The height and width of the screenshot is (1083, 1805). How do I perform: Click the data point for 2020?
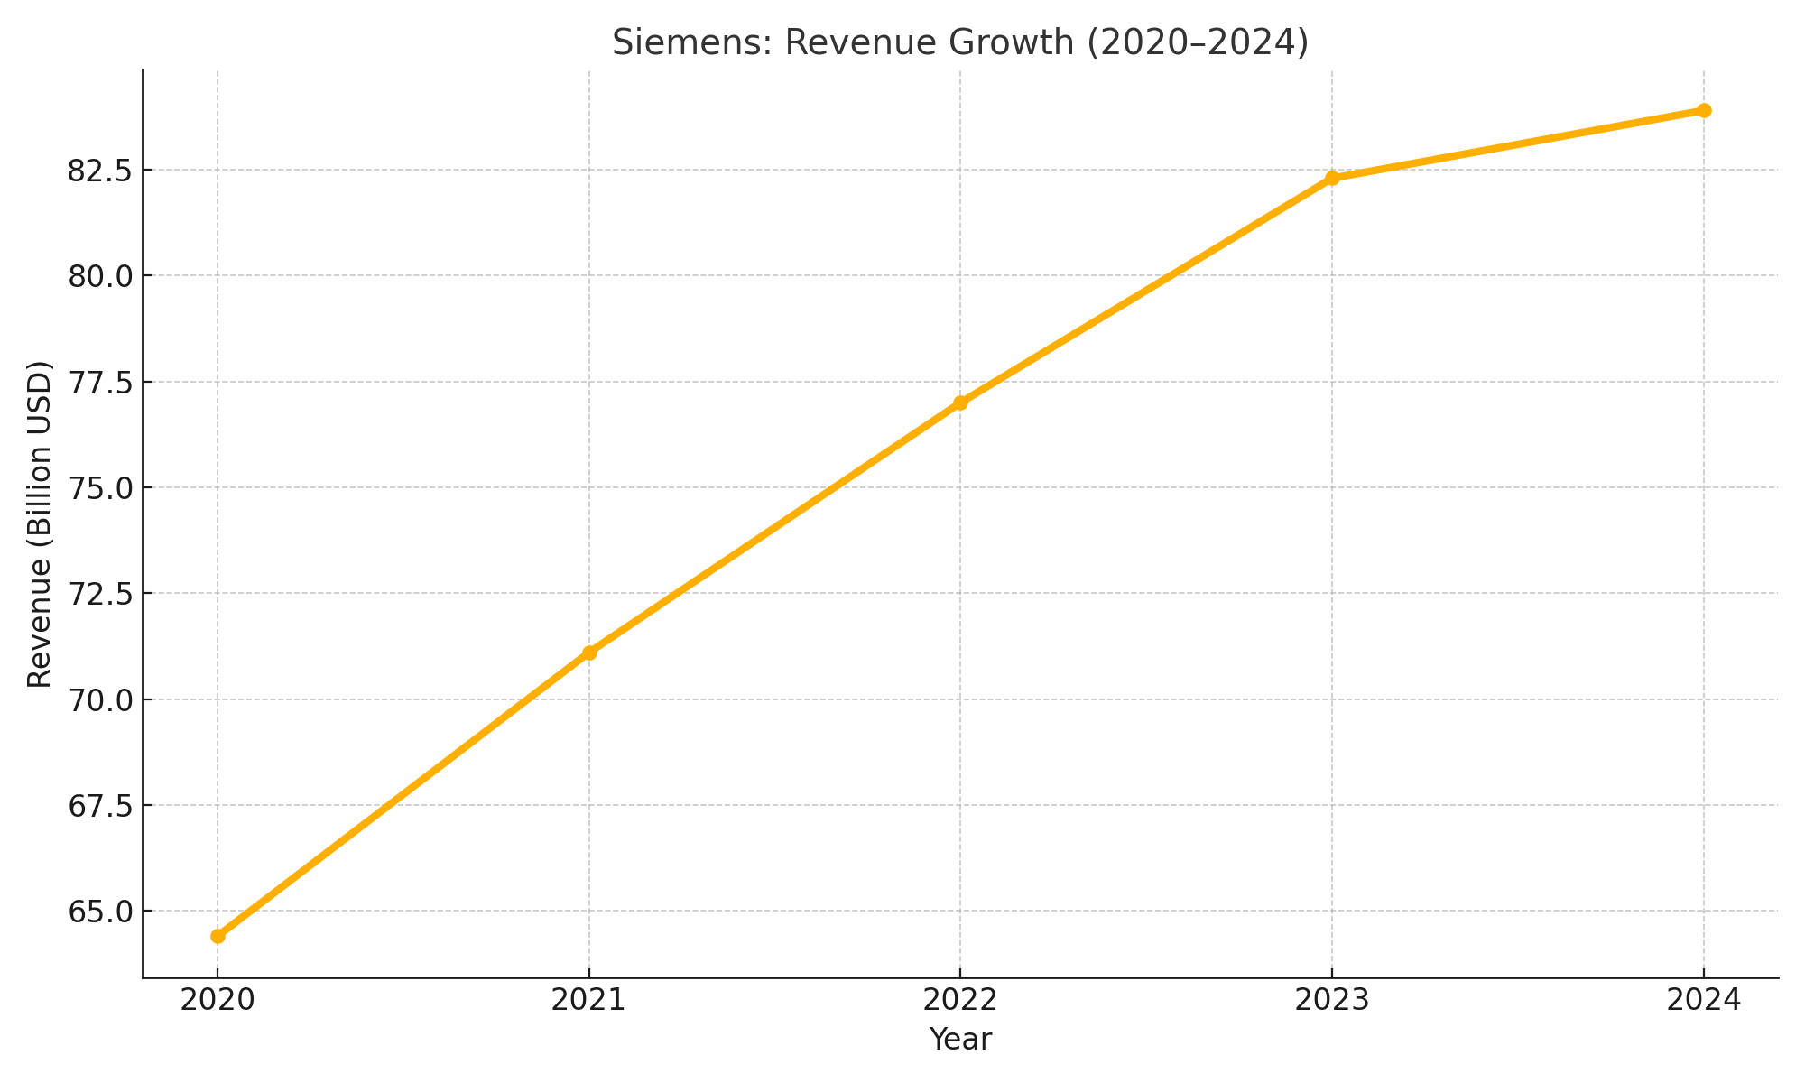point(218,936)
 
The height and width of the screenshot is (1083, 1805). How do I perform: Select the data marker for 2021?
point(589,653)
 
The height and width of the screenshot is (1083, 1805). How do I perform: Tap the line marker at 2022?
point(960,403)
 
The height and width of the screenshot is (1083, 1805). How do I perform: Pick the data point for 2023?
point(1332,178)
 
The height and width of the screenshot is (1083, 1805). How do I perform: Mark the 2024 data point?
point(1704,111)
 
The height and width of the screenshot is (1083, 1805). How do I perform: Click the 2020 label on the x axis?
point(218,1001)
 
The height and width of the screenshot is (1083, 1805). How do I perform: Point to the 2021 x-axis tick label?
point(589,1001)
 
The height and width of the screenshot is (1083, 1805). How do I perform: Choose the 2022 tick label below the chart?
point(960,1001)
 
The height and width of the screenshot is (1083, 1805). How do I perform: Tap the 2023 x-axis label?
point(1332,1001)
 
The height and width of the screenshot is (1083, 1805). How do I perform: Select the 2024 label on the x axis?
point(1704,1001)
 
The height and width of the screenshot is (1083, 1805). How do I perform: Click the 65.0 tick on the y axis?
point(98,912)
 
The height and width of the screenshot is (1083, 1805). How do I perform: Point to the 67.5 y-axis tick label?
point(98,806)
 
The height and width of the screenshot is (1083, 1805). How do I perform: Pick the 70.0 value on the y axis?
point(98,699)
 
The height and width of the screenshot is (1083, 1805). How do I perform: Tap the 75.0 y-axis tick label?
point(98,488)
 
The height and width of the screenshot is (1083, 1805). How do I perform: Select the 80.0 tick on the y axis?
point(98,276)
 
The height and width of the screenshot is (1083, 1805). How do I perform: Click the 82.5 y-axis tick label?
point(98,171)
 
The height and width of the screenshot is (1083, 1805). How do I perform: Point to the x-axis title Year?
point(960,1040)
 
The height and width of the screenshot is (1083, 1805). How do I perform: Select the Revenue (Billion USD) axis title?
point(40,523)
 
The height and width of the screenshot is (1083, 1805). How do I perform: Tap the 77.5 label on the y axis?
point(98,383)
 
